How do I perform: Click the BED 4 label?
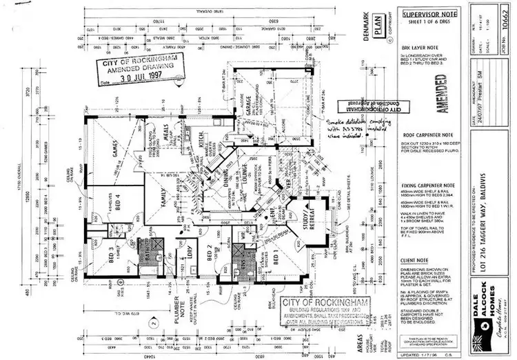(x=119, y=205)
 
